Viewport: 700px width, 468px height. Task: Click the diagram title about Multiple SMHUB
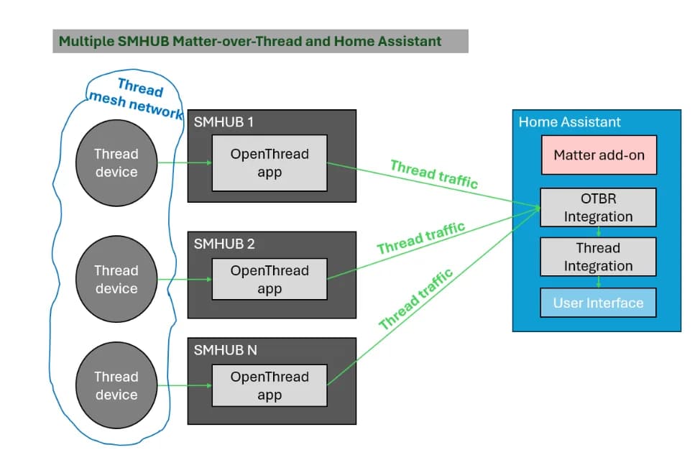tap(249, 41)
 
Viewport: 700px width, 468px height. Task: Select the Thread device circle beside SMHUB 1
tap(116, 162)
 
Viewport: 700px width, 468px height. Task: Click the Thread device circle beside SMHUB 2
tap(116, 279)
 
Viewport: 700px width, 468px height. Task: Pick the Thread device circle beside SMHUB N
tap(116, 385)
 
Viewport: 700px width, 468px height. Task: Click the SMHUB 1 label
tap(224, 122)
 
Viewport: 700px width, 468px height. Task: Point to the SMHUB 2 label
tap(224, 244)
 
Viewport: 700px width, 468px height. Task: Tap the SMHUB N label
tap(225, 350)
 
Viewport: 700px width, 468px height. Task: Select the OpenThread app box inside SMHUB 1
tap(270, 163)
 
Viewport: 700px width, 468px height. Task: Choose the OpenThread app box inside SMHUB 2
tap(270, 280)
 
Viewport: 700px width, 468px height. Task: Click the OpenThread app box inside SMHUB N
tap(270, 385)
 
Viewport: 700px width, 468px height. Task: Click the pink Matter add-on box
tap(599, 155)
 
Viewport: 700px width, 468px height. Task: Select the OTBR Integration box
tap(599, 208)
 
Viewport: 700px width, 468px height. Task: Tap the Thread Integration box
tap(599, 257)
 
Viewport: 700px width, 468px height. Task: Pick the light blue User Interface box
tap(599, 303)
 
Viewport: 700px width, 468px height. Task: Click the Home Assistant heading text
tap(570, 122)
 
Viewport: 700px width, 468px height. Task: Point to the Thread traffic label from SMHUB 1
tap(433, 175)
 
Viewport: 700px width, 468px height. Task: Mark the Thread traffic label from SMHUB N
tap(416, 299)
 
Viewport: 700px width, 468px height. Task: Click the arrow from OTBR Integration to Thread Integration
tap(599, 232)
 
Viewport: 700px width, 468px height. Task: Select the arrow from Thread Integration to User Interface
tap(599, 282)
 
